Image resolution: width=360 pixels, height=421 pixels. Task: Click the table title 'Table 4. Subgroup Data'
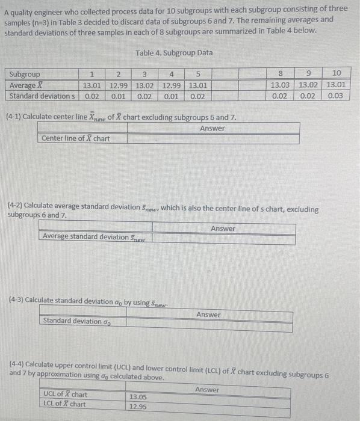tap(174, 53)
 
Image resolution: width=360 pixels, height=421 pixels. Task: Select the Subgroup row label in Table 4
tap(25, 75)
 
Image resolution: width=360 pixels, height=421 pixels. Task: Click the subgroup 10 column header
tap(337, 75)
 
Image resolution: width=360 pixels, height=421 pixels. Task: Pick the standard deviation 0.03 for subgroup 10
tap(337, 96)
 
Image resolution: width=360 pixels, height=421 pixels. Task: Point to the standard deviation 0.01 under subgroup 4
tap(171, 96)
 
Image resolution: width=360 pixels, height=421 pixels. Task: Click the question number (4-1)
tap(14, 116)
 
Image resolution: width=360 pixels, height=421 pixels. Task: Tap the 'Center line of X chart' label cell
tap(75, 138)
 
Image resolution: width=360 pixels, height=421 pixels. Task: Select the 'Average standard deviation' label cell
tap(95, 236)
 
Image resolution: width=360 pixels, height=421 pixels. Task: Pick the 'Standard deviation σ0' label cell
tap(76, 321)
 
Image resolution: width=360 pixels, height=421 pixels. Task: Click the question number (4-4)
tap(18, 365)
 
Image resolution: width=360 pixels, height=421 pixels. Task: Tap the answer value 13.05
tap(138, 397)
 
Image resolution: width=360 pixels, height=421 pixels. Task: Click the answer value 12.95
tap(138, 406)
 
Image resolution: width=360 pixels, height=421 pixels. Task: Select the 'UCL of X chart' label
tap(65, 395)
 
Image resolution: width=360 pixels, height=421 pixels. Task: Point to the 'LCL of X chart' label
tap(64, 404)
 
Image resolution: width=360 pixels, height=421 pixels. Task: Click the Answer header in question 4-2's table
tap(223, 229)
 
